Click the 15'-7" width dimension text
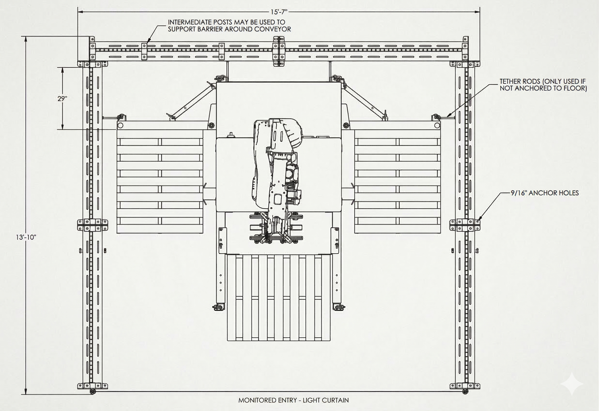point(279,12)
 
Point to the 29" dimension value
point(62,99)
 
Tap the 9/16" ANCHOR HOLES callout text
point(545,193)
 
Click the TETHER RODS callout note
point(543,85)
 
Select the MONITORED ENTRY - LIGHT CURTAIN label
point(293,400)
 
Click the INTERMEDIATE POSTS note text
point(229,25)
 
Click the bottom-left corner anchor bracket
point(92,386)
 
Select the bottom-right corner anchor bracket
point(465,386)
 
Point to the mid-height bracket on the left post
point(92,225)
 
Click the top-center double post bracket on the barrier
point(279,52)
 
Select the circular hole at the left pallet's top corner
point(120,125)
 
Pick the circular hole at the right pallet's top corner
point(437,125)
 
